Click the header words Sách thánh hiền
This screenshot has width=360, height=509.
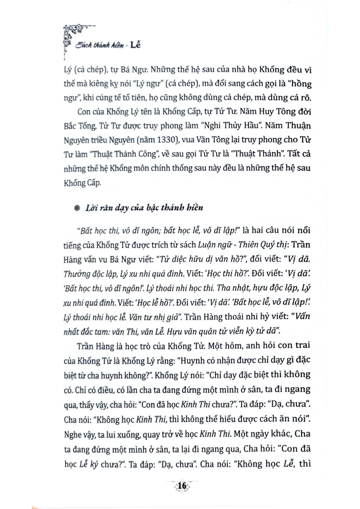pos(97,46)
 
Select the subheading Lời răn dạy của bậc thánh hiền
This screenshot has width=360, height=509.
pos(144,208)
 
